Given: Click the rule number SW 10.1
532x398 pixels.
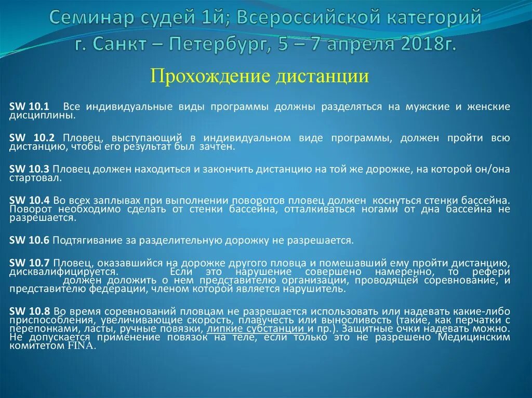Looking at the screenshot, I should point(29,106).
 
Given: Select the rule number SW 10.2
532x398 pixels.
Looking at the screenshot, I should point(29,138).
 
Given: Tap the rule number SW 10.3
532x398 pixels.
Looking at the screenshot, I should point(29,169).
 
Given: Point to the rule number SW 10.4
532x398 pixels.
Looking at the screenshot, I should point(29,200).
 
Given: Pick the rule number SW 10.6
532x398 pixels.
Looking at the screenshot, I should point(29,240).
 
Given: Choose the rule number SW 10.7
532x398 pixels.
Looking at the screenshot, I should point(29,262).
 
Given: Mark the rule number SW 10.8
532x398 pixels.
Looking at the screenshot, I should point(29,311).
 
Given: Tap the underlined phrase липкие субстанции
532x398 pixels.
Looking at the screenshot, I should point(256,328).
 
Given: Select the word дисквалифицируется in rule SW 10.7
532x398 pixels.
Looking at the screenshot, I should point(63,271).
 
